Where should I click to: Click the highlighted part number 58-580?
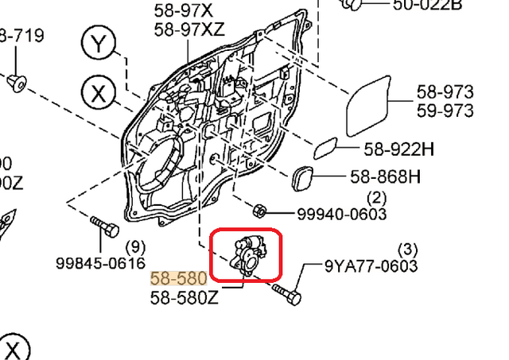178,279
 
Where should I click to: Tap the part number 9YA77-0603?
370,266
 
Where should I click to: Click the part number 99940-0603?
341,214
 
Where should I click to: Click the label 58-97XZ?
189,29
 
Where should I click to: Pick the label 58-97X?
183,11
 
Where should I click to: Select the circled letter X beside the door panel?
98,93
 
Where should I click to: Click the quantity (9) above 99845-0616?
136,246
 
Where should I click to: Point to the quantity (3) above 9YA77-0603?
406,249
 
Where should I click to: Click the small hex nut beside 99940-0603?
258,211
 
